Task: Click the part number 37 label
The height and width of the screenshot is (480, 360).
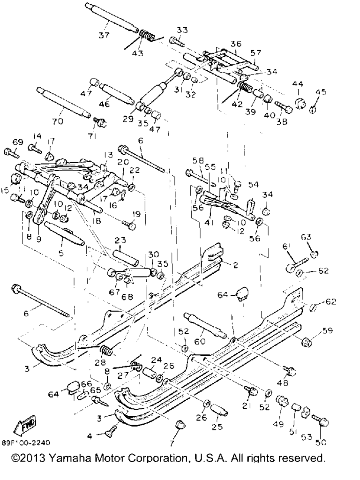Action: pos(104,35)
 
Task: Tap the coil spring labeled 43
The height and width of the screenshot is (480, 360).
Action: pos(146,36)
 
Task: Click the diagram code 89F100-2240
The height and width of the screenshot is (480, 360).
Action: pos(26,442)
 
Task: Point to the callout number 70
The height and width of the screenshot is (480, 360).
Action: pos(57,121)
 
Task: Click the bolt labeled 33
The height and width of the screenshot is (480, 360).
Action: pos(176,41)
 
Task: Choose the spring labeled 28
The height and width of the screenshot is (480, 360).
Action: pos(105,349)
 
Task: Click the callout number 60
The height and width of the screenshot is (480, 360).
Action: pos(200,341)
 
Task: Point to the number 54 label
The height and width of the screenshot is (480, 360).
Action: pos(253,184)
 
